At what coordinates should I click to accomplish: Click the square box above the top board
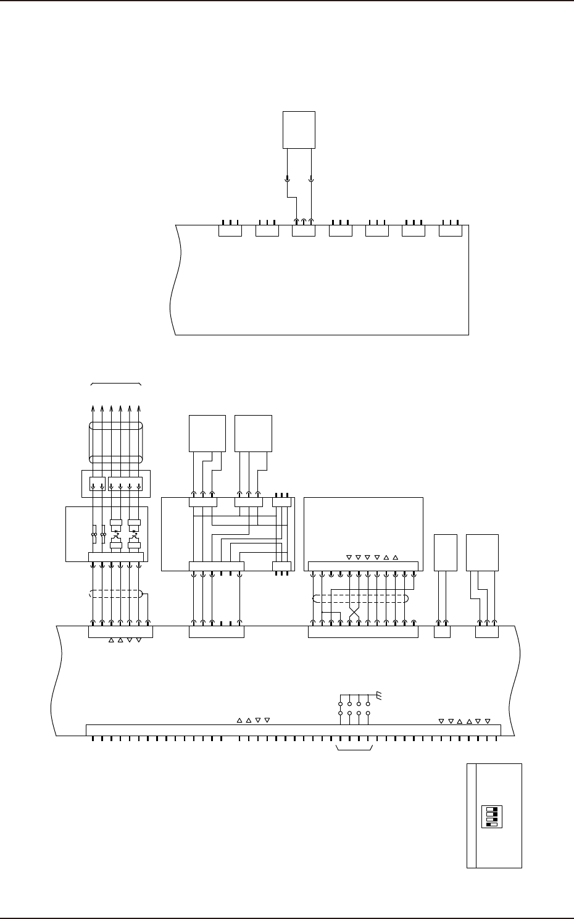click(x=299, y=130)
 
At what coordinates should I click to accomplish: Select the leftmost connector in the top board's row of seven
click(x=230, y=230)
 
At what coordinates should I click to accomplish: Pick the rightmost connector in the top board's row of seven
click(x=450, y=230)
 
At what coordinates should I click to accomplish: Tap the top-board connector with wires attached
click(x=303, y=230)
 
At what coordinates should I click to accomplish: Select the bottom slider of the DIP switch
click(x=492, y=824)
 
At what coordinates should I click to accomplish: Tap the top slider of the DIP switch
click(x=492, y=808)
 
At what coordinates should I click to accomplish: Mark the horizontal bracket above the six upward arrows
click(x=116, y=384)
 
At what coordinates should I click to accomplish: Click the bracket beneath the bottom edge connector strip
click(x=354, y=750)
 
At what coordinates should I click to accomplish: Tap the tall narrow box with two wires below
click(x=446, y=552)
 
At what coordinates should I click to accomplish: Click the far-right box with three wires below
click(x=482, y=552)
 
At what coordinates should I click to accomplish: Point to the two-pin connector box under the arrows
click(x=97, y=485)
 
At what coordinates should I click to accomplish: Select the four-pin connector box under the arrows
click(x=125, y=485)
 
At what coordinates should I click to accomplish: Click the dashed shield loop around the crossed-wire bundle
click(x=360, y=598)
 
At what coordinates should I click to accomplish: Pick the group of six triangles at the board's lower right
click(x=464, y=721)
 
